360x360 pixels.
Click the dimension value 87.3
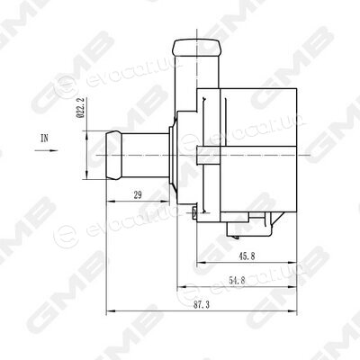(202, 305)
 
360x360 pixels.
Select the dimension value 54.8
(237, 281)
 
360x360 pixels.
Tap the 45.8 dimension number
(247, 256)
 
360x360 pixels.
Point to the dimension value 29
(138, 195)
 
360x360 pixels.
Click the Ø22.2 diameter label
(80, 107)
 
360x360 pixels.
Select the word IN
(44, 138)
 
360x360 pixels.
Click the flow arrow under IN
(46, 150)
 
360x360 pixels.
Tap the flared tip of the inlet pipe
(114, 155)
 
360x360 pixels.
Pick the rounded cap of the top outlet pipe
(198, 47)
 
